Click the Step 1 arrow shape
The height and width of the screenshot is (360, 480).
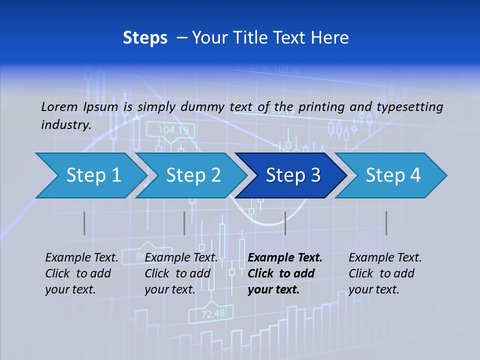click(92, 175)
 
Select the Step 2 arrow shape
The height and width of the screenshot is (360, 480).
click(192, 175)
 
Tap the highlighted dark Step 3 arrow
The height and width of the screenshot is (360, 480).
click(292, 175)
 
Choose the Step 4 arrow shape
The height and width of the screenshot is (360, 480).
click(392, 175)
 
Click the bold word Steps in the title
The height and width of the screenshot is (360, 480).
click(145, 37)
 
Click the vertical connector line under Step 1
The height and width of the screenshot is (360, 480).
click(84, 223)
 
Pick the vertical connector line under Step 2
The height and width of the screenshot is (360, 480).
click(184, 223)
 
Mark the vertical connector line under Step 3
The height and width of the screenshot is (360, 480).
click(285, 223)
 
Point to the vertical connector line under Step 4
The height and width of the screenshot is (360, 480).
click(386, 223)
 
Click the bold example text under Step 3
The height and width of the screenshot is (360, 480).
click(285, 273)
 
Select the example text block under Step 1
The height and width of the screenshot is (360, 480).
click(81, 273)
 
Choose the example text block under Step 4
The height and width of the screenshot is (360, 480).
click(385, 273)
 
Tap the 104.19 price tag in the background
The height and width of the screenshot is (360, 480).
click(173, 130)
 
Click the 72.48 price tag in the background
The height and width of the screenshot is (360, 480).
click(213, 314)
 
